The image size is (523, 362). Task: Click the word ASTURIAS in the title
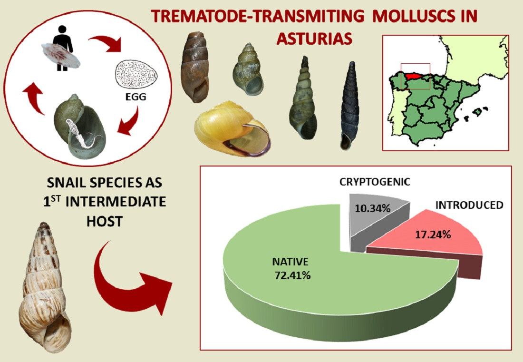[x=314, y=39]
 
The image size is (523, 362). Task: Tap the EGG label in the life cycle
[x=136, y=97]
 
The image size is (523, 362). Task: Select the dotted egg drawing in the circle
[x=137, y=74]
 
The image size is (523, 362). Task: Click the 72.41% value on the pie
[x=292, y=275]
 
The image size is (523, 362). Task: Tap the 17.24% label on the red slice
[x=433, y=235]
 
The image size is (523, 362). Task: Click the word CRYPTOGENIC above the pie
[x=375, y=182]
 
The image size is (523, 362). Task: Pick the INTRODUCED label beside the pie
[x=469, y=205]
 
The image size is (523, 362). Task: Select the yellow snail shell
[x=233, y=129]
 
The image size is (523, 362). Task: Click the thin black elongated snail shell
[x=349, y=106]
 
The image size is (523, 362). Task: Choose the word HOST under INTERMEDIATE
[x=105, y=221]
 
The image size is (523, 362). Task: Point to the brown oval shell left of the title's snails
[x=195, y=67]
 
